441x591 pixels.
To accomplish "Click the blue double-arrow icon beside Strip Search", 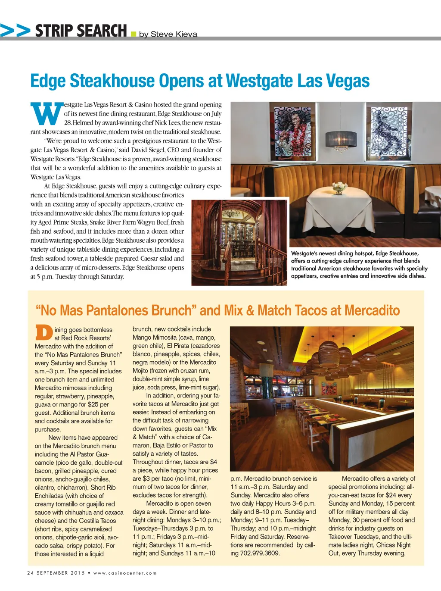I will coord(16,30).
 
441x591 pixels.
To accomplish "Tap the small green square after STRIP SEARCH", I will coord(133,34).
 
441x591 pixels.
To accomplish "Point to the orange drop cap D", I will coord(43,333).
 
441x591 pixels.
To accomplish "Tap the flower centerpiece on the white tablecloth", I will coord(340,186).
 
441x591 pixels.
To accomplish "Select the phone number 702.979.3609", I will coord(260,553).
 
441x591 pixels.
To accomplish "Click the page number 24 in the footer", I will coord(30,573).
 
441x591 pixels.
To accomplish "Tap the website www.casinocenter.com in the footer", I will coord(125,573).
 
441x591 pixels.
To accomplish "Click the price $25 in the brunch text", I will coord(93,404).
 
